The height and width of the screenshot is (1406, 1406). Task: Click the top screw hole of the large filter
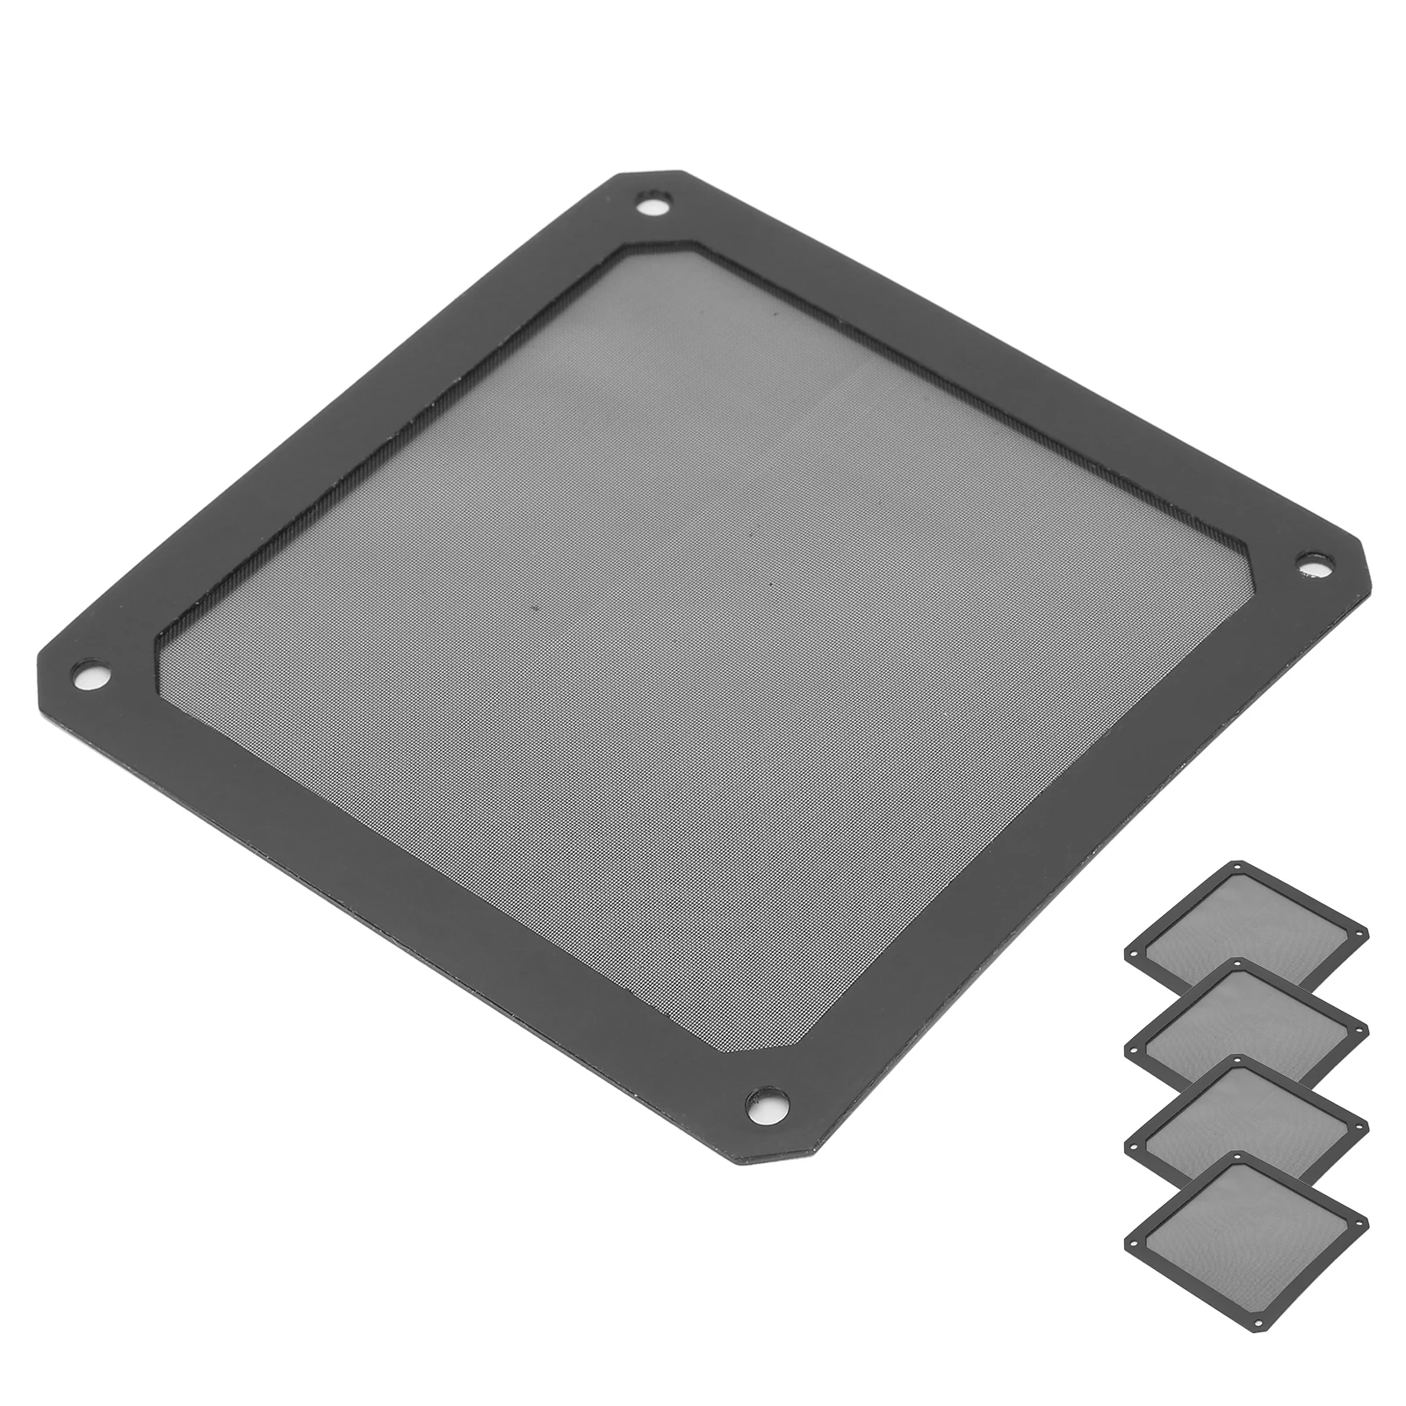pos(651,208)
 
